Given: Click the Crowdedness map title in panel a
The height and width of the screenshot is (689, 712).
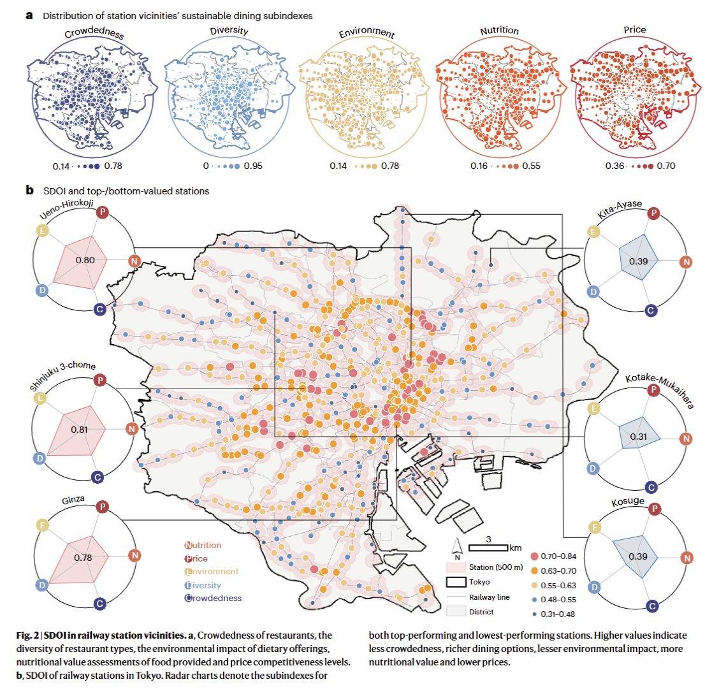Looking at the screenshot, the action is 94,33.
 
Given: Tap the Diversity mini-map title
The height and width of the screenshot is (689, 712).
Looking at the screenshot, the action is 229,31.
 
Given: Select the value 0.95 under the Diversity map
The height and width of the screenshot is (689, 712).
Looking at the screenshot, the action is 253,166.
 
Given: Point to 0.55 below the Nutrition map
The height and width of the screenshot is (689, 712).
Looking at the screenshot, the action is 531,166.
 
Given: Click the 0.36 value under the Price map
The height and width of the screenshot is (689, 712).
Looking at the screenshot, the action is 614,166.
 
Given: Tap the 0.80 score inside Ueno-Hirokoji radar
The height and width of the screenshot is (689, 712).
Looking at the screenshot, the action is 85,260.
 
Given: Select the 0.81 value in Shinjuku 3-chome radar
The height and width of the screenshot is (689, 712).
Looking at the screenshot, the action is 79,429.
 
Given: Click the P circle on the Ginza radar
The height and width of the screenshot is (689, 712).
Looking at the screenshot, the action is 103,507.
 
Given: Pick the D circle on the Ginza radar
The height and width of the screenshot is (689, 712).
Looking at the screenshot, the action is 42,585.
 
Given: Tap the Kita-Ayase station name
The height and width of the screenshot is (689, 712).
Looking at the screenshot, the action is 620,209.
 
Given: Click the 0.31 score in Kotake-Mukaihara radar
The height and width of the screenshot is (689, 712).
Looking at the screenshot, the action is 638,437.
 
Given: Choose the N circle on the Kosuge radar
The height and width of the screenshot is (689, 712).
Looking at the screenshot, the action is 687,558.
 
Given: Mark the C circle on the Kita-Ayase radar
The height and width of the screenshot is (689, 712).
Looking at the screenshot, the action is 651,310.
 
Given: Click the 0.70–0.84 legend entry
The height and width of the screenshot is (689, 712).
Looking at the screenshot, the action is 553,556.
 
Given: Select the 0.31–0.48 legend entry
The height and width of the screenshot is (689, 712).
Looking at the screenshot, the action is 553,614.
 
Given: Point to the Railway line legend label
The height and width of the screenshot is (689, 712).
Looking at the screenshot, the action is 489,597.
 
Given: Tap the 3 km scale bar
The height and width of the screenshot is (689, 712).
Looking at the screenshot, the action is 488,548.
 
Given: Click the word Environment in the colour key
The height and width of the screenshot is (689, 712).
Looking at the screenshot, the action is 212,571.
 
